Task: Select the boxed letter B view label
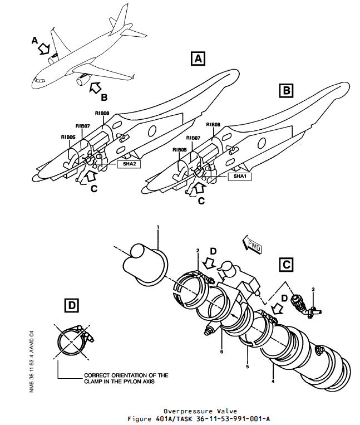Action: pos(285,89)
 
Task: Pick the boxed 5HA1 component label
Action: pos(239,177)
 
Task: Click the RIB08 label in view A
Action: pos(102,113)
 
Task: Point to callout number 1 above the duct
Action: pos(158,227)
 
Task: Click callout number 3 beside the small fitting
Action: pos(313,290)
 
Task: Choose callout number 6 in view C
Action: pos(221,352)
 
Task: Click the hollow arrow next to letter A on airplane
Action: pos(44,49)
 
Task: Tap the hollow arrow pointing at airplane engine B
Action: pos(96,86)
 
